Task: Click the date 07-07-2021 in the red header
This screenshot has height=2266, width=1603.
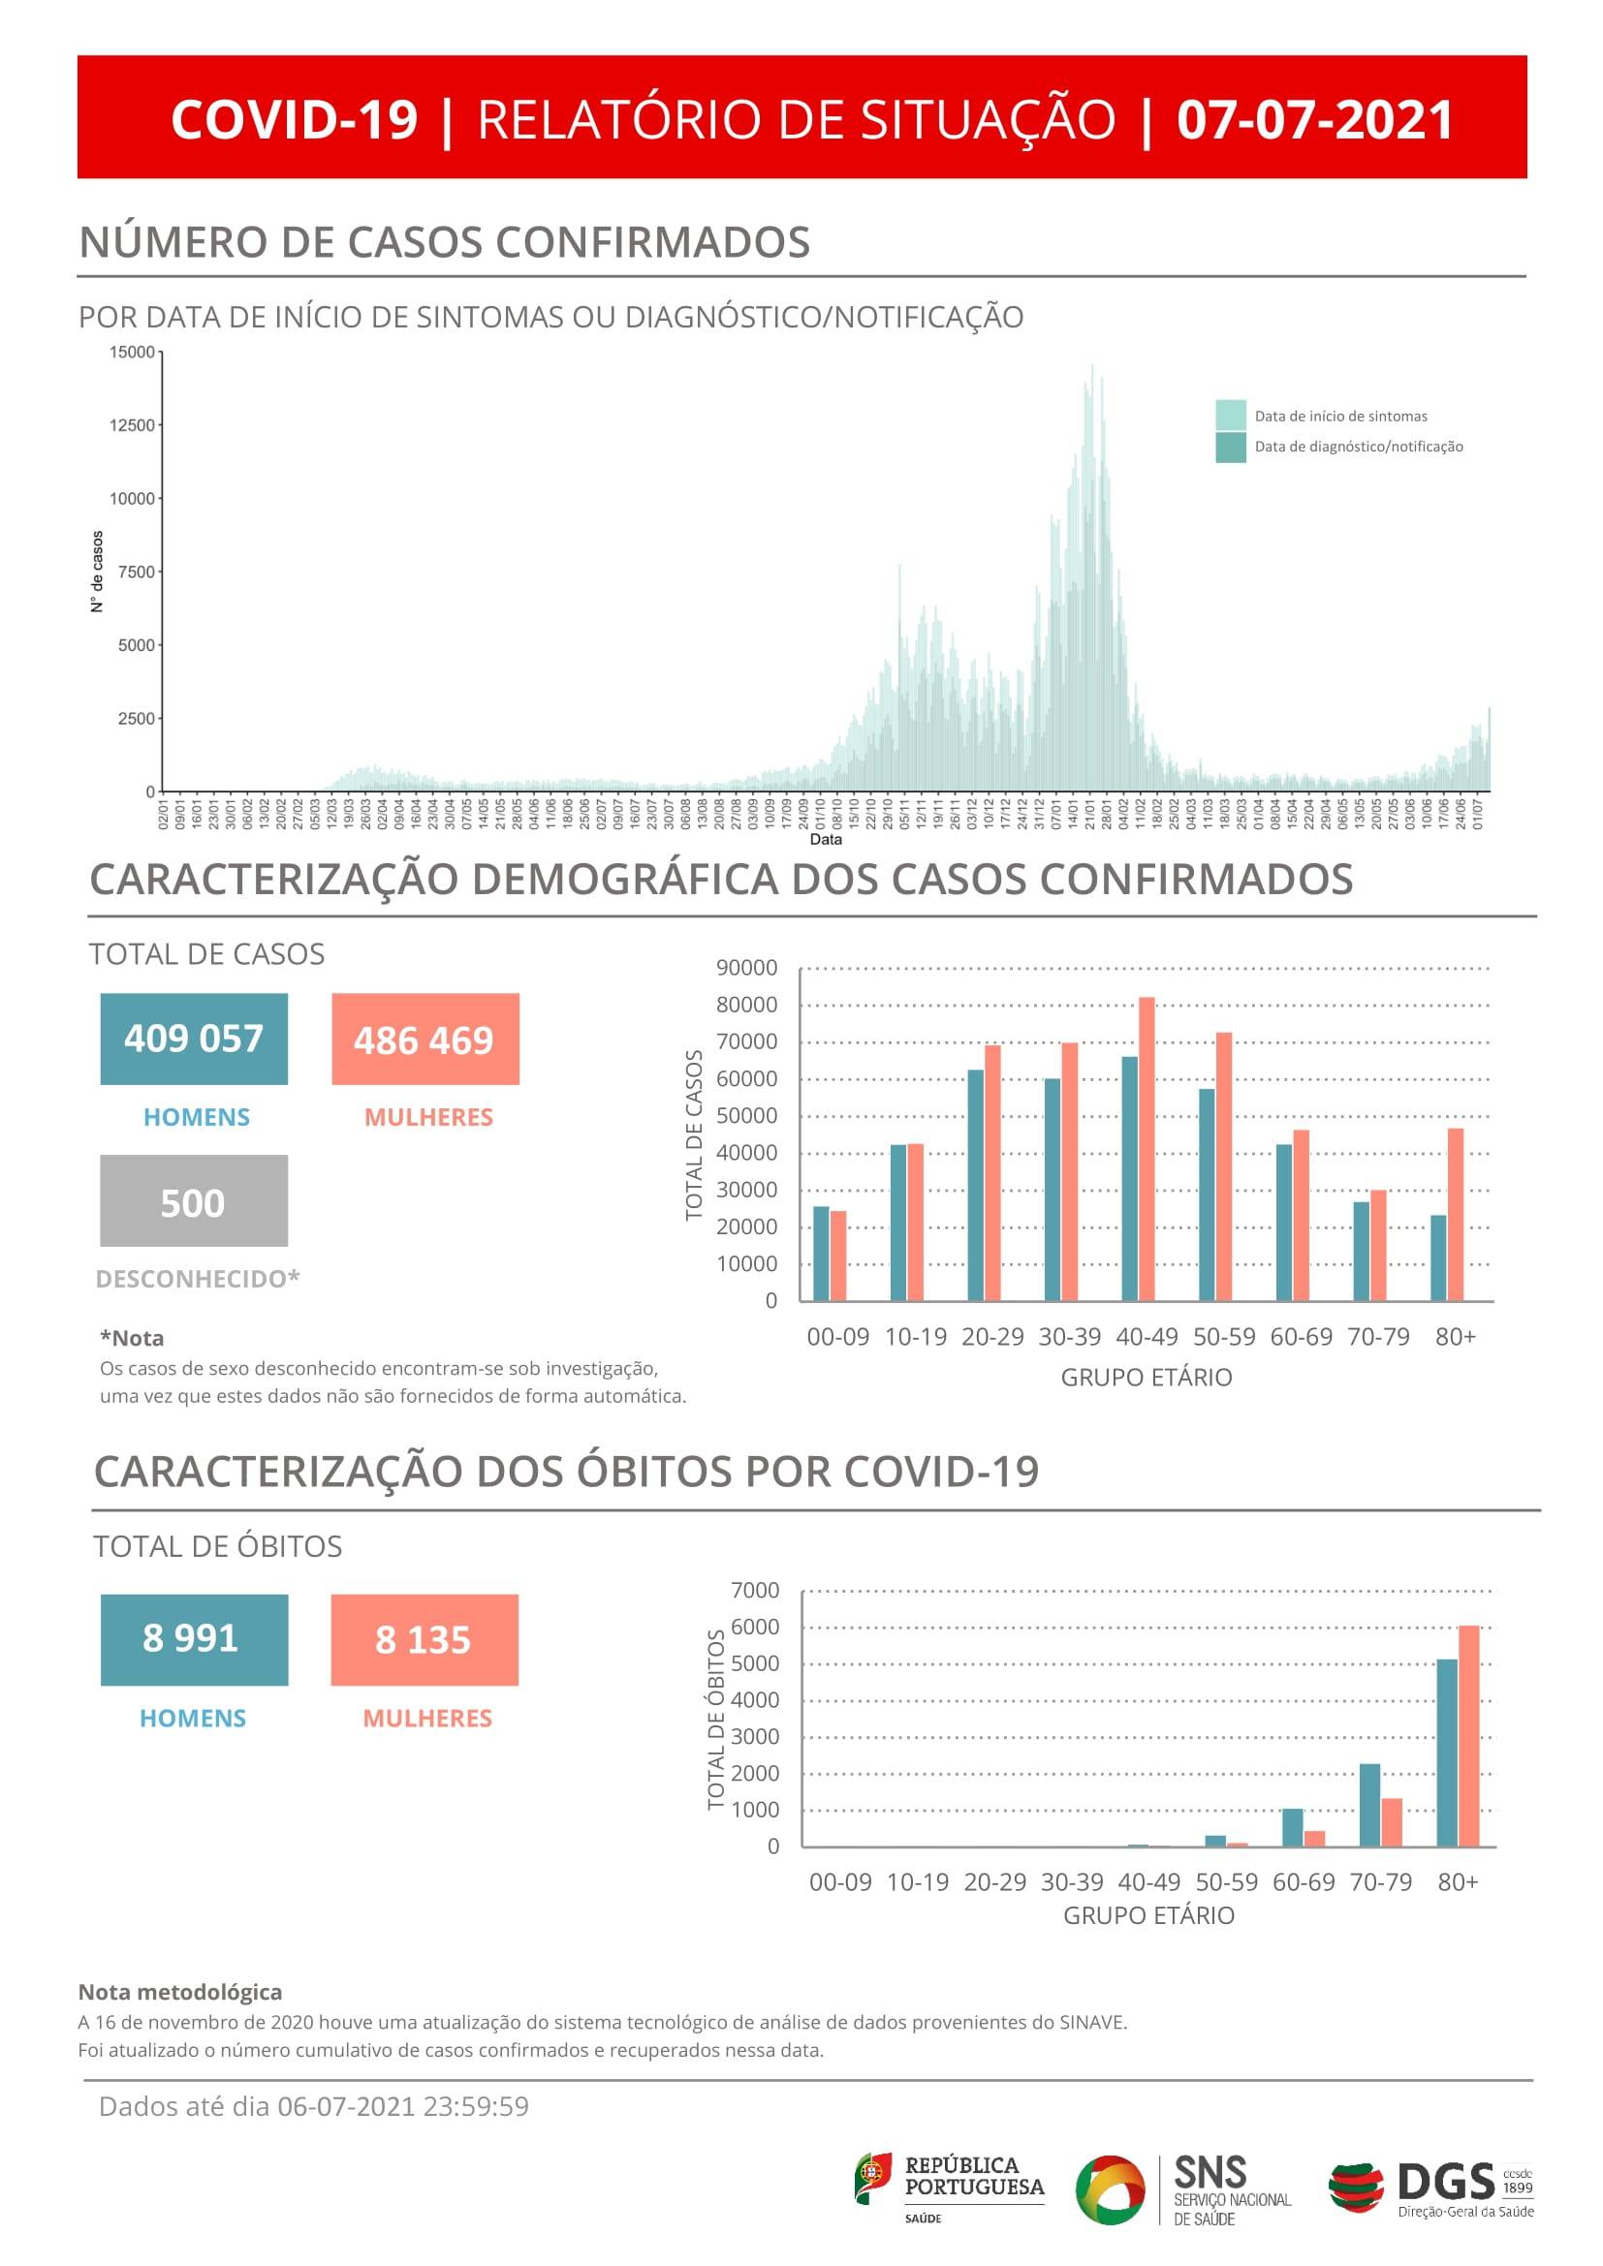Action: (1314, 119)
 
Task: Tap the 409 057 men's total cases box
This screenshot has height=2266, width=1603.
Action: (194, 1039)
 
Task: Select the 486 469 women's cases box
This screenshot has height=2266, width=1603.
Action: (424, 1040)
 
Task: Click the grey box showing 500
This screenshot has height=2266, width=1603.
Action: (194, 1201)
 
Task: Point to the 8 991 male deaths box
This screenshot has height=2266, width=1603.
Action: (194, 1639)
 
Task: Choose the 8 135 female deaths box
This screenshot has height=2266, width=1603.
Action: (424, 1639)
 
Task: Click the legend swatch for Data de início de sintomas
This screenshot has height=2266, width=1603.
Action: (1230, 416)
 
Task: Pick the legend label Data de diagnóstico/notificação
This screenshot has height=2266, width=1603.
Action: (1358, 447)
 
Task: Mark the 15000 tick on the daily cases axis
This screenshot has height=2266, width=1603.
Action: (131, 353)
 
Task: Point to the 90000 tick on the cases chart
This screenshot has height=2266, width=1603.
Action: (746, 968)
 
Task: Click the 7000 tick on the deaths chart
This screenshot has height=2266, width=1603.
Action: (755, 1591)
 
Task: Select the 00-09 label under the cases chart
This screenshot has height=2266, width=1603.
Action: (838, 1337)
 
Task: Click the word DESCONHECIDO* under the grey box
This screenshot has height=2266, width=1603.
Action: (198, 1279)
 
